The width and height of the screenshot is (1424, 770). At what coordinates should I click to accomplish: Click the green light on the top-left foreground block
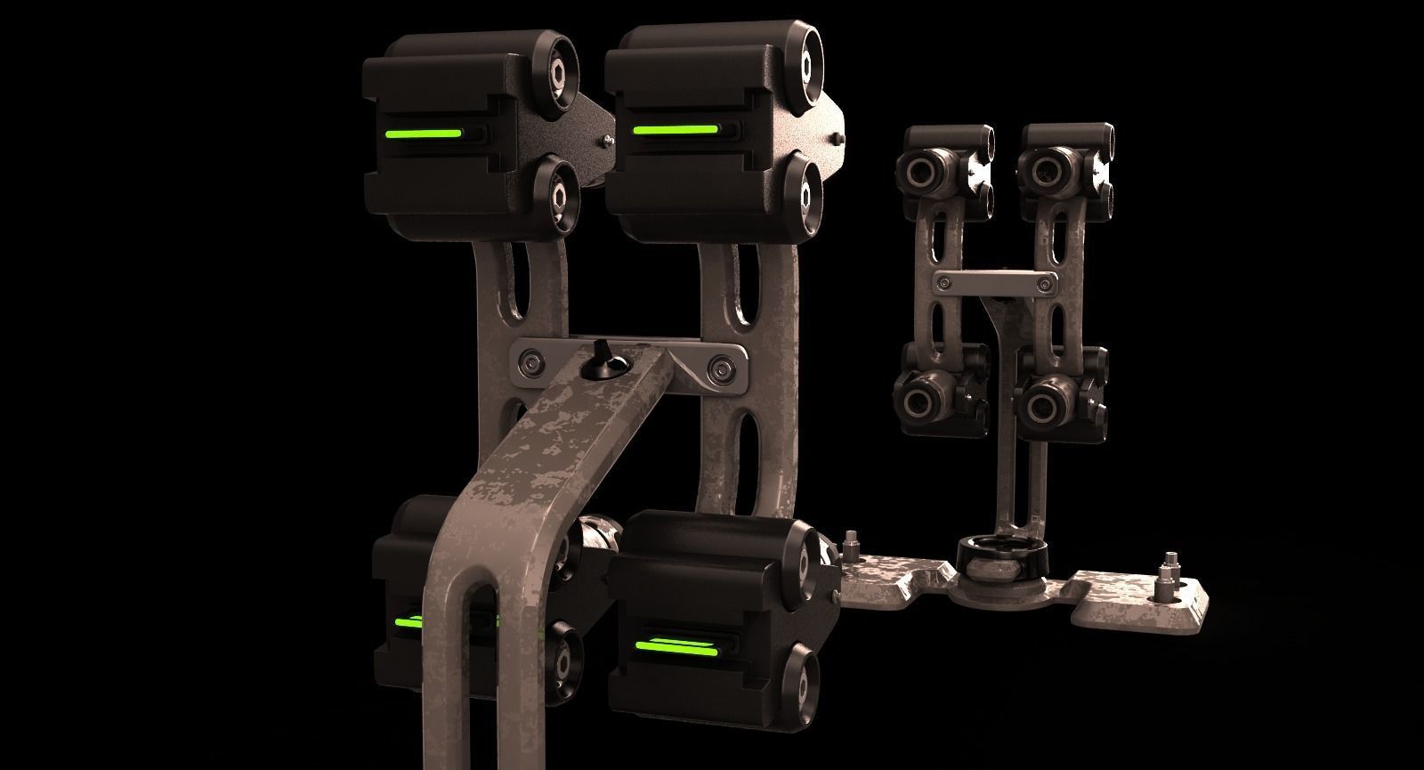pyautogui.click(x=422, y=135)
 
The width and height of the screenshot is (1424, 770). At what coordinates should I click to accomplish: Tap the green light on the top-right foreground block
pyautogui.click(x=675, y=130)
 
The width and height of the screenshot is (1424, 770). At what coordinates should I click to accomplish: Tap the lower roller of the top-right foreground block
pyautogui.click(x=809, y=190)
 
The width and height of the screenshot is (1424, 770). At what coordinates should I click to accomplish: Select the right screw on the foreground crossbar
pyautogui.click(x=718, y=368)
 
